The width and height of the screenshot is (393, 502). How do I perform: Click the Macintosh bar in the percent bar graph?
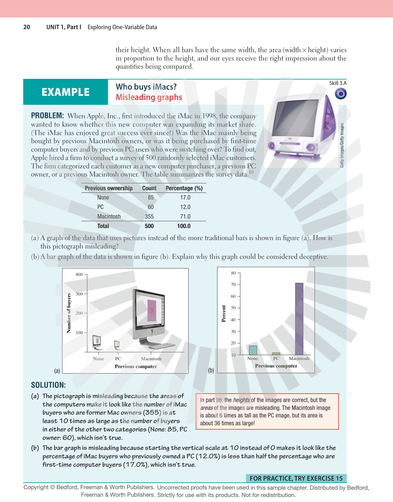pos(299,319)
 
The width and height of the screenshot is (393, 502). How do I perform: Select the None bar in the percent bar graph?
pos(253,350)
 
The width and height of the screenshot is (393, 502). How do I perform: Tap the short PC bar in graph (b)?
pos(276,354)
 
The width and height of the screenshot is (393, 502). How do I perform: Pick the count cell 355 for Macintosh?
pos(149,217)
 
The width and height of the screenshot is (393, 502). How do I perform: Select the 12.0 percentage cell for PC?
pos(185,207)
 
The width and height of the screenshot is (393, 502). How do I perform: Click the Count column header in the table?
pos(149,188)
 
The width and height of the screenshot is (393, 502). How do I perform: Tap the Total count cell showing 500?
pos(149,226)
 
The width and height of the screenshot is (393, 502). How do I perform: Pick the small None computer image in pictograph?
pos(97,343)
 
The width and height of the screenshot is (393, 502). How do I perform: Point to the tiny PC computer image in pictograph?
pos(117,345)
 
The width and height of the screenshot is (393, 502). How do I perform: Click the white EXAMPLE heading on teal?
pos(66,92)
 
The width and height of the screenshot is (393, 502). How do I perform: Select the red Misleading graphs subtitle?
pos(149,97)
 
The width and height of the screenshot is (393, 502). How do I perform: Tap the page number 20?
pos(27,27)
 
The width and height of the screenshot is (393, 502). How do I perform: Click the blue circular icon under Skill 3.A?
pos(341,94)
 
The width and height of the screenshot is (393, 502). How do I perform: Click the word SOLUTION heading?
pos(49,385)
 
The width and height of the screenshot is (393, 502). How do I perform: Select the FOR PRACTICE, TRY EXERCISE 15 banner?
pos(296,478)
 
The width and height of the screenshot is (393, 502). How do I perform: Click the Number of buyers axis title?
pos(69,313)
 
